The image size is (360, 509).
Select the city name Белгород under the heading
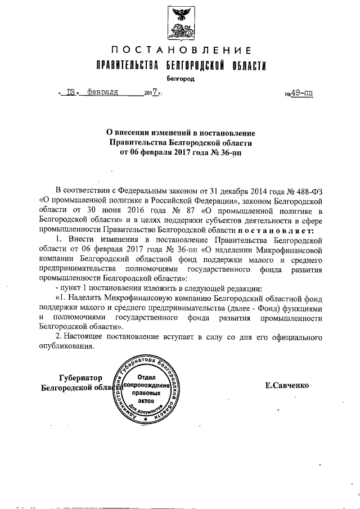181,79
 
